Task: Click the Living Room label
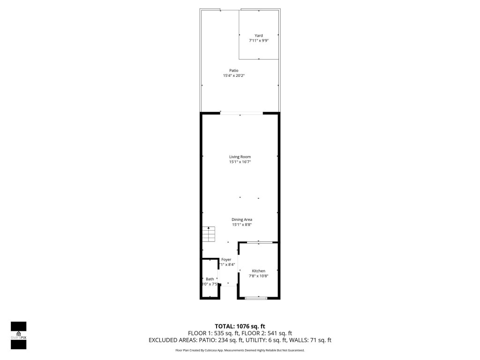[x=240, y=157]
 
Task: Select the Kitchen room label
[x=258, y=271]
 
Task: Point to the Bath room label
[x=210, y=279]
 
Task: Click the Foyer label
[x=226, y=259]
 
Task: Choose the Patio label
[x=240, y=70]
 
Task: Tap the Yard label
[x=258, y=36]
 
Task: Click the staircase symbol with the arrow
[x=209, y=233]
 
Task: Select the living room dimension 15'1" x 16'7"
[x=240, y=162]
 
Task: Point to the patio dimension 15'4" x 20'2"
[x=240, y=75]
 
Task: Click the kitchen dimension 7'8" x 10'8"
[x=258, y=276]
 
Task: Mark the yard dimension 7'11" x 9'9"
[x=258, y=41]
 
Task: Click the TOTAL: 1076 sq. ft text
[x=240, y=326]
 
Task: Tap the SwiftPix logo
[x=18, y=335]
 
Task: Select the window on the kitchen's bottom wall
[x=256, y=298]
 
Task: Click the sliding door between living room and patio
[x=241, y=113]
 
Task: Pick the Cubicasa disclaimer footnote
[x=240, y=350]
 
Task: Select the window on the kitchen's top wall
[x=259, y=242]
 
